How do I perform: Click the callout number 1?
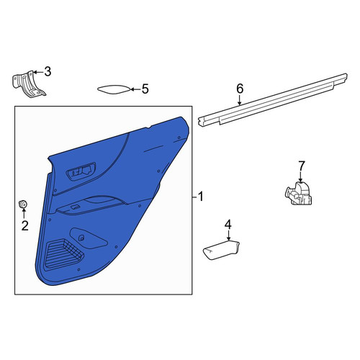pos(200,197)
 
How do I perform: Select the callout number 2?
pos(24,225)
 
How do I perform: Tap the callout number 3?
pos(48,71)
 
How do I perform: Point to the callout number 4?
pos(228,225)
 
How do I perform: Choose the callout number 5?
pos(145,89)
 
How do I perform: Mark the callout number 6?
pos(240,89)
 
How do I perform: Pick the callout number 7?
pos(302,166)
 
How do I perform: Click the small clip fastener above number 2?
pos(23,204)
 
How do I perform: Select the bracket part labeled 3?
pos(29,84)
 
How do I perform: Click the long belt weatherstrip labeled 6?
pos(273,100)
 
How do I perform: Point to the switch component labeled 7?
pos(299,194)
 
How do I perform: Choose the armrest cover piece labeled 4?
pos(221,251)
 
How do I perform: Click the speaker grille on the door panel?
pos(63,253)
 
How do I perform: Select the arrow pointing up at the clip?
pos(24,213)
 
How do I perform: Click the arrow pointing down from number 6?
pos(240,100)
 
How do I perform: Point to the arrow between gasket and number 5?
pos(135,89)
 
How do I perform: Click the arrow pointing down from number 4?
pos(228,235)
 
